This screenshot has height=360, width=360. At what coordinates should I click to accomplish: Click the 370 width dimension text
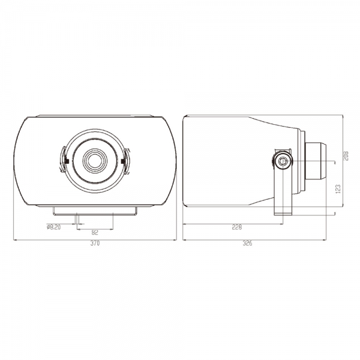95,244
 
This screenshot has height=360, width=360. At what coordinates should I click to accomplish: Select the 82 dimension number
95,232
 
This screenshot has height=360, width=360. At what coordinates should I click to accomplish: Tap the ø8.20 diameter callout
54,227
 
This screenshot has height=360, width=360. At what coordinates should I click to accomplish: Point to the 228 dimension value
237,227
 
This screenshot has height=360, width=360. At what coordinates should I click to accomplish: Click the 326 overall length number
247,244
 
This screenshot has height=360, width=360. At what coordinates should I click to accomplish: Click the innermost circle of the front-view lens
95,160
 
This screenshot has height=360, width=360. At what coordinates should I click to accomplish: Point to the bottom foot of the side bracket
282,211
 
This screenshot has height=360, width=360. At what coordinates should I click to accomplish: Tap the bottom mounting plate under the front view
95,211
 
